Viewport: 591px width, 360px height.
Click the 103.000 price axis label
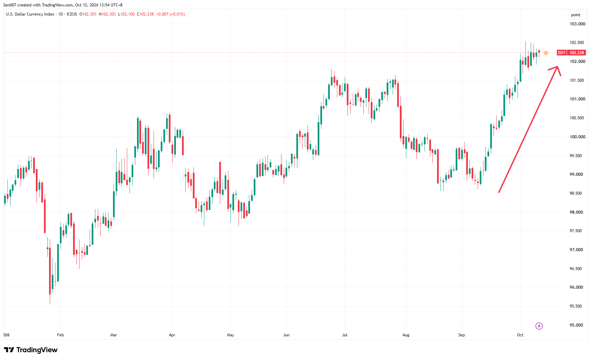577,24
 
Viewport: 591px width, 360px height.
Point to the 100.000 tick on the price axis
577,137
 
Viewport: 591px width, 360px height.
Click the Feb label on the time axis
61,335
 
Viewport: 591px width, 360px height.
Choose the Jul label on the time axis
345,335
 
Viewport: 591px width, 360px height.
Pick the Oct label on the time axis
520,335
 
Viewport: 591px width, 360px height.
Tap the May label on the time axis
230,335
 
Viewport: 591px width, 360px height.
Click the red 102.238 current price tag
577,53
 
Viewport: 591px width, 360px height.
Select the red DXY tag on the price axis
562,53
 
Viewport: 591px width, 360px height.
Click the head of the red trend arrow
558,67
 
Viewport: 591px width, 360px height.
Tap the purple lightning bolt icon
539,326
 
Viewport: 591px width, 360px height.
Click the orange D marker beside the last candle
546,53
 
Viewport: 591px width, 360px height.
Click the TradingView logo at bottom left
31,350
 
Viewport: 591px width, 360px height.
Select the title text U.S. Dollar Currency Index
30,14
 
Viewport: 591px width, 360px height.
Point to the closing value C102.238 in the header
145,14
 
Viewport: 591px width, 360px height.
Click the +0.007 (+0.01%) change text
171,14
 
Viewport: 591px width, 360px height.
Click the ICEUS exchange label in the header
72,14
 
